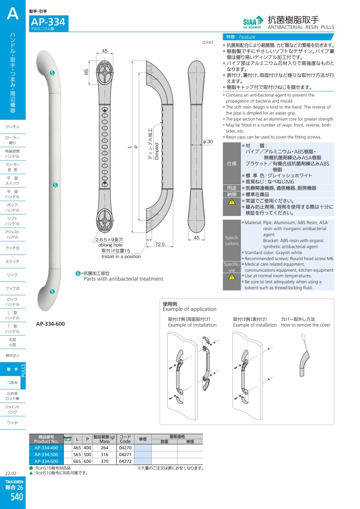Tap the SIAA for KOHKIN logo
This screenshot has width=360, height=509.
(x=253, y=22)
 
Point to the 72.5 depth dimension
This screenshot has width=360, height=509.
(x=160, y=244)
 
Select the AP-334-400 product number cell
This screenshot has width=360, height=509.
(x=46, y=448)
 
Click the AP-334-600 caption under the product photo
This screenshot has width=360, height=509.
(x=50, y=324)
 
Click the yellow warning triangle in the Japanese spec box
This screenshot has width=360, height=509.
(x=232, y=202)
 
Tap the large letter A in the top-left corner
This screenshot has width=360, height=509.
(x=13, y=14)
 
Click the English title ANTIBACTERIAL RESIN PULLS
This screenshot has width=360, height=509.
(x=300, y=27)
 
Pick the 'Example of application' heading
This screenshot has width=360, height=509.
(x=190, y=309)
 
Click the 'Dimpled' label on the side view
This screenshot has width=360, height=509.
(x=157, y=151)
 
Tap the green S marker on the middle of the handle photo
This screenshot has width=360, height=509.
(x=56, y=185)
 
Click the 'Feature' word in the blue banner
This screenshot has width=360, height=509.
(x=247, y=37)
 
